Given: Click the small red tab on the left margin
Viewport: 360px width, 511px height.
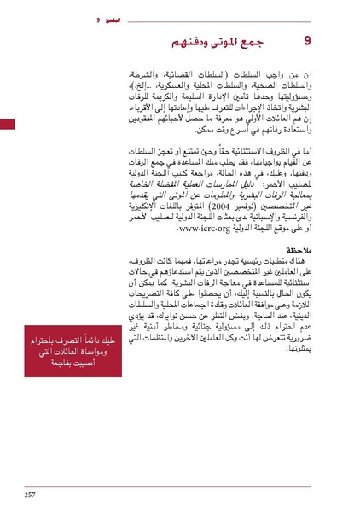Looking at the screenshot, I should click(x=7, y=124).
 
